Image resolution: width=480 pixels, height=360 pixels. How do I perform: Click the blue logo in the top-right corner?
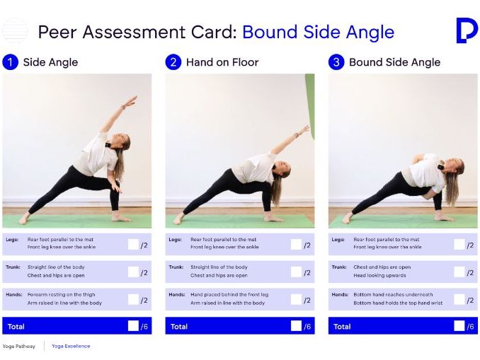point(466,31)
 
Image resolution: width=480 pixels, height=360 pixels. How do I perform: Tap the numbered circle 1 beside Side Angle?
point(11,62)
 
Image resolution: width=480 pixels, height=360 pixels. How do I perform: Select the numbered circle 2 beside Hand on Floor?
point(173,62)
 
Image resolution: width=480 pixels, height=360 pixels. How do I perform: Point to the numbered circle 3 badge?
point(336,62)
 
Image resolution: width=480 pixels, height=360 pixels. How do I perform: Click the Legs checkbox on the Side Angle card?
point(133,245)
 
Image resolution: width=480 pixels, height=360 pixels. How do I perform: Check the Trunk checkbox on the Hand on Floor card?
point(296,272)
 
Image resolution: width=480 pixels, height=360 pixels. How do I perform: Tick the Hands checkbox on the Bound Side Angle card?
point(459,299)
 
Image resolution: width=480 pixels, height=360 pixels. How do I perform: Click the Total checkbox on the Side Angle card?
point(133,326)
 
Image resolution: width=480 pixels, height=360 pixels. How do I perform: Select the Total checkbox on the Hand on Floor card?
point(296,326)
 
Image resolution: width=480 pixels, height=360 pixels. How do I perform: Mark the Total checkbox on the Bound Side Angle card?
point(459,326)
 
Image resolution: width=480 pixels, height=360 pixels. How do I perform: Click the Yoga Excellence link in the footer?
point(71,346)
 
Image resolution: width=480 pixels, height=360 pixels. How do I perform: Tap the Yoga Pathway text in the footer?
point(19,346)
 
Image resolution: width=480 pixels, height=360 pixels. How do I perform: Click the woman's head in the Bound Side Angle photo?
point(455,168)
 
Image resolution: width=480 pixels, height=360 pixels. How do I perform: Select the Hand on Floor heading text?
point(222,62)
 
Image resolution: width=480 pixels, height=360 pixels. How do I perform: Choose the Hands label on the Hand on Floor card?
point(177,294)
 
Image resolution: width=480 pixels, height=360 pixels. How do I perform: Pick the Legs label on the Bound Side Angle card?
point(338,240)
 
